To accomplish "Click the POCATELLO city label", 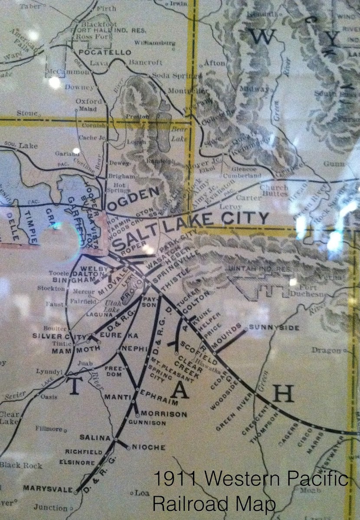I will [x=104, y=52].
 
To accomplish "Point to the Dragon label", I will [x=326, y=351].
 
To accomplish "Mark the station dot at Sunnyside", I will [x=246, y=329].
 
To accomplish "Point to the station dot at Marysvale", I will [x=76, y=492].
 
